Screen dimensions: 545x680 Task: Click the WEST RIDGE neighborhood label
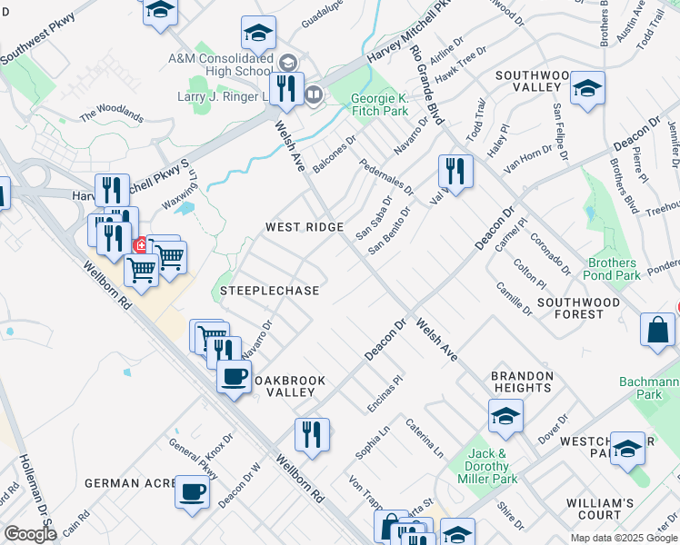(x=304, y=226)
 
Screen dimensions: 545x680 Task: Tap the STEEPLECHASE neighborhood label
(x=269, y=291)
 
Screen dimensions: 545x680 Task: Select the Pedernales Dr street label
(x=385, y=178)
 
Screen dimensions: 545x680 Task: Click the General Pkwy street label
(x=193, y=459)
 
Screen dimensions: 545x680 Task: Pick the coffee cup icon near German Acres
(x=191, y=493)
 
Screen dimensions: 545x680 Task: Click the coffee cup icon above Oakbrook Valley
(x=234, y=375)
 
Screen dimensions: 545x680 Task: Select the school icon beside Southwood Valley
(x=587, y=88)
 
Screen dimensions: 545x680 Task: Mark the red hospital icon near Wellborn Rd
(x=142, y=245)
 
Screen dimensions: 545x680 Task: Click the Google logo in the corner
(x=30, y=534)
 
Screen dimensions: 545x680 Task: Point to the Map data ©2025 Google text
(x=623, y=538)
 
